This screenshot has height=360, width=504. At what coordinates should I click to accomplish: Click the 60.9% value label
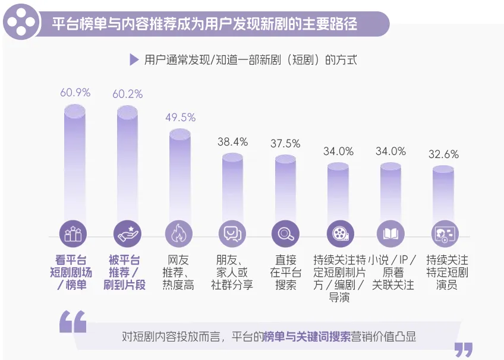click(75, 93)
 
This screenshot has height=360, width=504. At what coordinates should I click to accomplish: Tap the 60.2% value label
click(128, 94)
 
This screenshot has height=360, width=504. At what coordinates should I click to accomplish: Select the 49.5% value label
click(180, 118)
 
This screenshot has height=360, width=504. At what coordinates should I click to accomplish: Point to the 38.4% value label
click(233, 142)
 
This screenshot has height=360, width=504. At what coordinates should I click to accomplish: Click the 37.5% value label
click(285, 144)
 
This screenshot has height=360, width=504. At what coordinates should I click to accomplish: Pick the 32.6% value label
click(443, 154)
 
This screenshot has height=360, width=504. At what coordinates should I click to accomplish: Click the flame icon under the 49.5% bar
click(179, 234)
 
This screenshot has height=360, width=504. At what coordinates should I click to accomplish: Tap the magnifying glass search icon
click(285, 234)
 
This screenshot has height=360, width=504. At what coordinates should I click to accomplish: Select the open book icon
click(390, 234)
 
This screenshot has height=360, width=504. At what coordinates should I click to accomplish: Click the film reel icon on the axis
click(340, 234)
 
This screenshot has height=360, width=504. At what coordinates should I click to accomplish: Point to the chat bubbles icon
click(232, 234)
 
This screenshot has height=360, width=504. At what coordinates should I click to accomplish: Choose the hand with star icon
click(127, 234)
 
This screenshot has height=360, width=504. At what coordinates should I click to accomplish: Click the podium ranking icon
click(73, 234)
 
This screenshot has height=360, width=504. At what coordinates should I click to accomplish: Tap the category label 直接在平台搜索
click(286, 272)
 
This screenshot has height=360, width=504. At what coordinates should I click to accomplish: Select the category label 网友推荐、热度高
click(178, 272)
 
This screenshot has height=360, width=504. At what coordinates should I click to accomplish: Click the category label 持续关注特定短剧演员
click(447, 272)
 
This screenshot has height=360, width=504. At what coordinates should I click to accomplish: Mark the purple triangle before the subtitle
click(134, 60)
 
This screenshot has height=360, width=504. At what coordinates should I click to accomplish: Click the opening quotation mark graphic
click(73, 321)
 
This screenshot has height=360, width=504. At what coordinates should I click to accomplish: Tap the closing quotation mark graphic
click(464, 349)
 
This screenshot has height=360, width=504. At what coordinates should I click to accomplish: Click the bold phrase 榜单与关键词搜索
click(307, 337)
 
